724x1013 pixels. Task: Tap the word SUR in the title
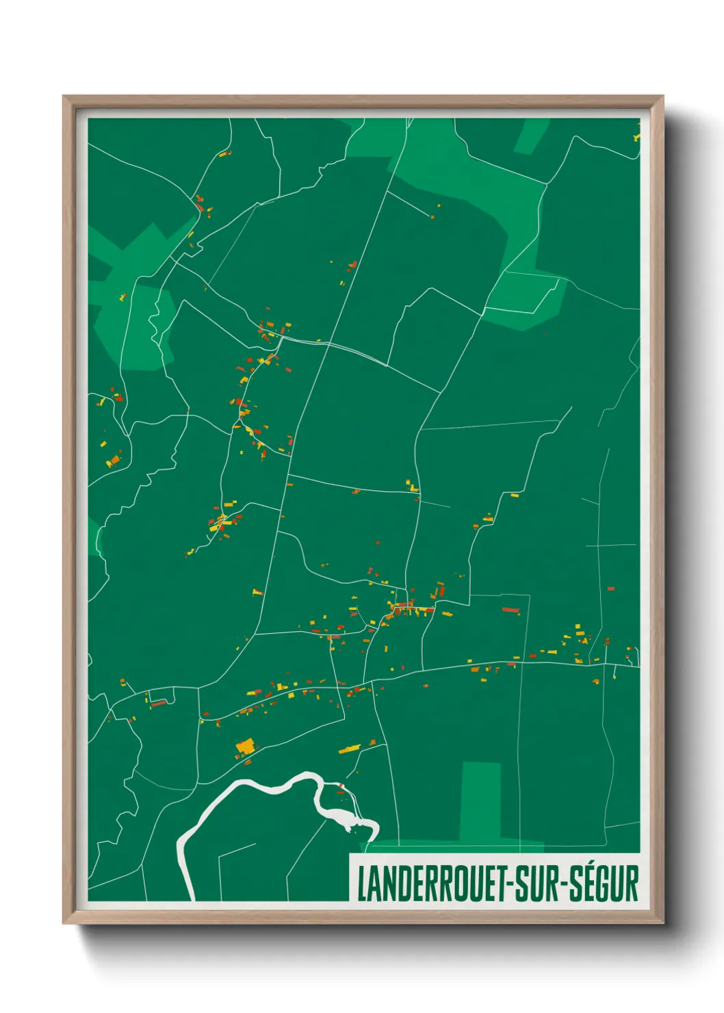pyautogui.click(x=534, y=884)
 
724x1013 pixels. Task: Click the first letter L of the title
pyautogui.click(x=361, y=884)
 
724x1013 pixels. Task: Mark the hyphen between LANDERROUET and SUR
pyautogui.click(x=508, y=884)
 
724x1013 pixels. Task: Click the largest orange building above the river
pyautogui.click(x=244, y=745)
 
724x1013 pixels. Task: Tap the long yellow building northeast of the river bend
pyautogui.click(x=350, y=749)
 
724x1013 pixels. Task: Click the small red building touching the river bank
pyautogui.click(x=341, y=785)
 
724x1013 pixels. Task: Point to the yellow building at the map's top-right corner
pyautogui.click(x=636, y=136)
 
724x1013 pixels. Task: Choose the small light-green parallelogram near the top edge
pyautogui.click(x=531, y=136)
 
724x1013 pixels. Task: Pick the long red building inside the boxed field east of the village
pyautogui.click(x=510, y=609)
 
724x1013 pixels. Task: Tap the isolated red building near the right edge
pyautogui.click(x=610, y=588)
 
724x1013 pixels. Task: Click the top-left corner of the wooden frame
pyautogui.click(x=64, y=97)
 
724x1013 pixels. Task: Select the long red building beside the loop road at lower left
pyautogui.click(x=158, y=703)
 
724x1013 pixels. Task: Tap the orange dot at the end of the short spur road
pyautogui.click(x=432, y=218)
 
